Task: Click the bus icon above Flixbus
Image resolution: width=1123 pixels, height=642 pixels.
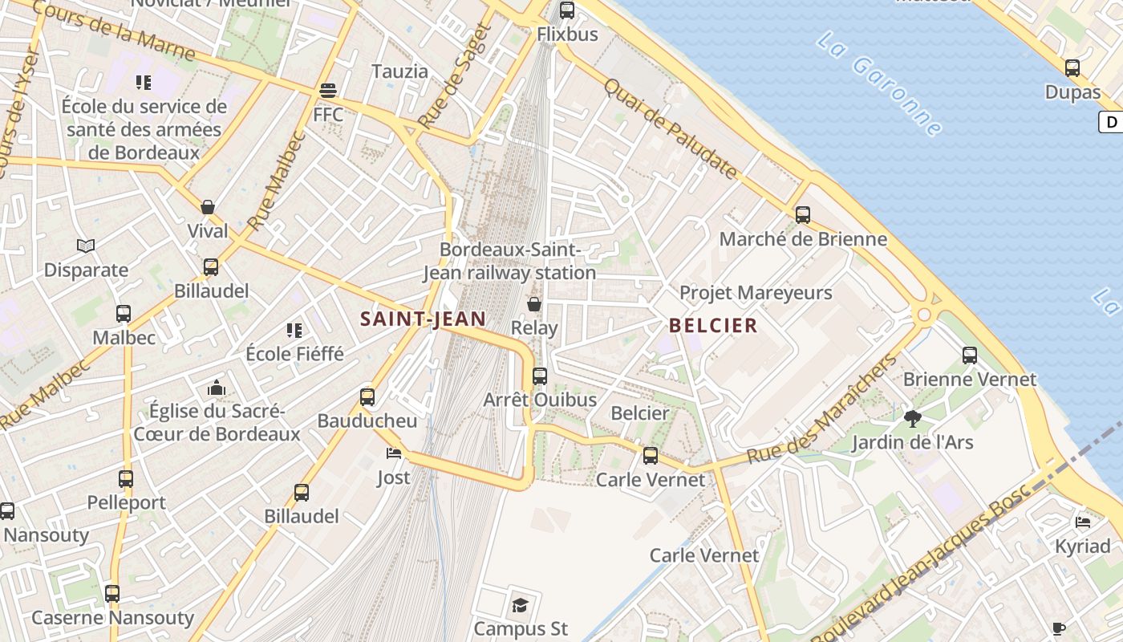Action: pyautogui.click(x=567, y=10)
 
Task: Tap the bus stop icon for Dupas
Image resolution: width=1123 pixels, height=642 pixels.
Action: pyautogui.click(x=1072, y=68)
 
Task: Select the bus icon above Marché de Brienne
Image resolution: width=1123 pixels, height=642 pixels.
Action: pyautogui.click(x=803, y=215)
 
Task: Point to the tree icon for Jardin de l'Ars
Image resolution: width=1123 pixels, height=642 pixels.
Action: pyautogui.click(x=912, y=418)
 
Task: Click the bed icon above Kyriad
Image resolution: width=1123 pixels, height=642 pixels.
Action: pyautogui.click(x=1083, y=522)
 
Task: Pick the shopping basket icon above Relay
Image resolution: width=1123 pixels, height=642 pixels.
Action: pyautogui.click(x=534, y=304)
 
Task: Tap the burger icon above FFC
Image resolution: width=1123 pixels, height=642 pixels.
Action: pyautogui.click(x=327, y=90)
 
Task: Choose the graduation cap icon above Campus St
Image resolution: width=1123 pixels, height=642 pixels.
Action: pyautogui.click(x=521, y=604)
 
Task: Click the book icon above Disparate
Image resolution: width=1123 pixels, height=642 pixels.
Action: pyautogui.click(x=86, y=246)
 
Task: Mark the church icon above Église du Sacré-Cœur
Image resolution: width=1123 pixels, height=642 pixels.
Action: pyautogui.click(x=217, y=388)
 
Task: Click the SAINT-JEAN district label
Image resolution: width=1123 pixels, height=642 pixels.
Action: pyautogui.click(x=423, y=319)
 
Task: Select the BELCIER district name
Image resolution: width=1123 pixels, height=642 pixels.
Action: pyautogui.click(x=712, y=325)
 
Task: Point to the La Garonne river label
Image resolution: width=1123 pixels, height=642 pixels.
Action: pyautogui.click(x=880, y=83)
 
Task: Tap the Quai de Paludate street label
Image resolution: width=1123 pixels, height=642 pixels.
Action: pyautogui.click(x=670, y=128)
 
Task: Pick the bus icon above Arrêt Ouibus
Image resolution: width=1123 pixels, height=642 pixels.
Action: pyautogui.click(x=540, y=376)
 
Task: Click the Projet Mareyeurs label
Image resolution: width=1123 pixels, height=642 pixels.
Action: pyautogui.click(x=756, y=293)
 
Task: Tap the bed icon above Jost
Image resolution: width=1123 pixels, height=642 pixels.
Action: pyautogui.click(x=393, y=453)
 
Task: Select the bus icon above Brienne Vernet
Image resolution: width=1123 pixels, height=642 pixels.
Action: pyautogui.click(x=970, y=355)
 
